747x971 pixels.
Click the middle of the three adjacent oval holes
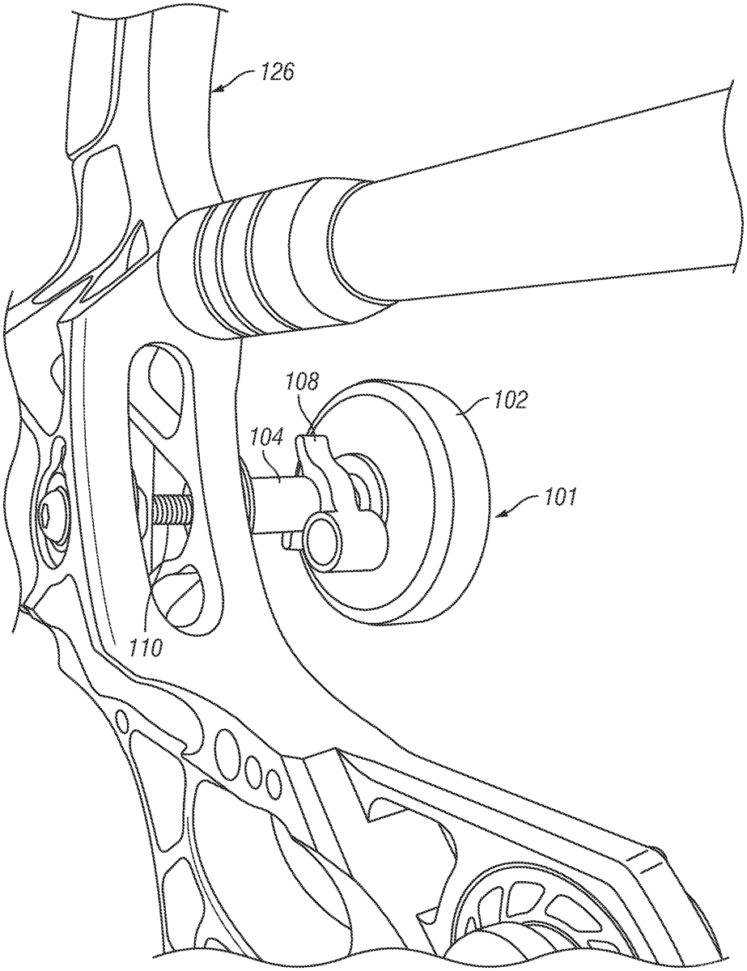(256, 765)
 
